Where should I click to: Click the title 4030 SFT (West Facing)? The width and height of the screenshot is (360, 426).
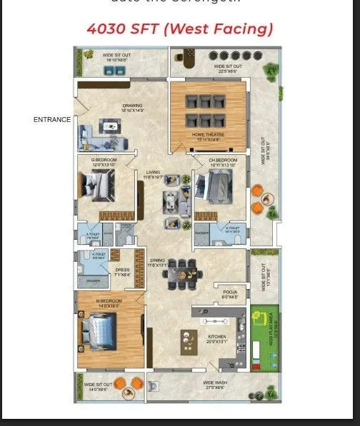(180, 29)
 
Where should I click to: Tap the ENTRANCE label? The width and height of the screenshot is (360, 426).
(52, 119)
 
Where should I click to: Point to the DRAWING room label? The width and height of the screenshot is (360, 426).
(132, 107)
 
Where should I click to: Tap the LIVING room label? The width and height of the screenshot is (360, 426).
(153, 172)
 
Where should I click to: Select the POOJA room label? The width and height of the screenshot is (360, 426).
(229, 293)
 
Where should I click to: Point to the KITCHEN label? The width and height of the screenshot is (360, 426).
(217, 336)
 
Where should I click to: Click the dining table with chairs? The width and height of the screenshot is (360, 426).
(182, 273)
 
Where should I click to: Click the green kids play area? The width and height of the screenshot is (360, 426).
(264, 335)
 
